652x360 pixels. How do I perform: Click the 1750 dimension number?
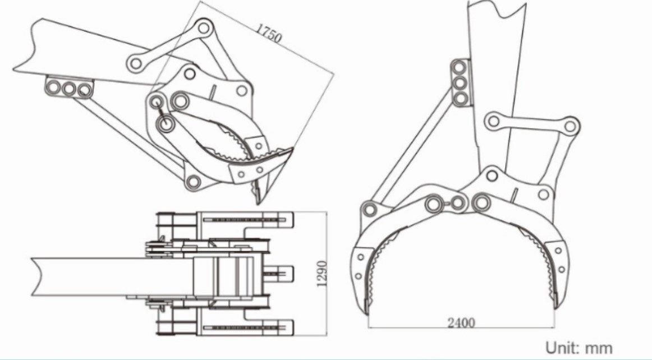point(268,33)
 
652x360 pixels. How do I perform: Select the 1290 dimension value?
point(322,273)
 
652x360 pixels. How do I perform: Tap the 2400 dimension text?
point(461,322)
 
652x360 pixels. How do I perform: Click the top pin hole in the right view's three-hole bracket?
point(460,67)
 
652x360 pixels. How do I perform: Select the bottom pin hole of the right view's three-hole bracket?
point(460,99)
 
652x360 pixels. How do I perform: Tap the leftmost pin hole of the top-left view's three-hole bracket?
point(54,87)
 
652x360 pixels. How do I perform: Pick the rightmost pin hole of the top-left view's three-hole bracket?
point(84,90)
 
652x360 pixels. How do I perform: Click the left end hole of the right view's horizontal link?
point(493,121)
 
